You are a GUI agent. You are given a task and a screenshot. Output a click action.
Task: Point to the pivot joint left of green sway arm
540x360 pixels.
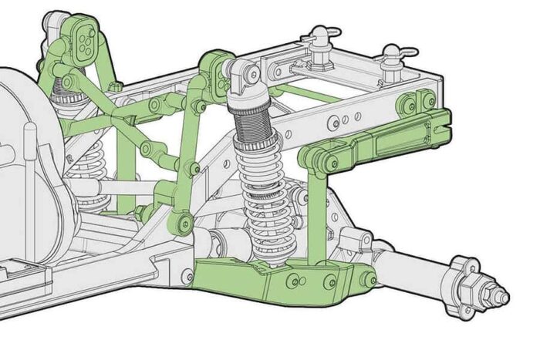coord(314,157)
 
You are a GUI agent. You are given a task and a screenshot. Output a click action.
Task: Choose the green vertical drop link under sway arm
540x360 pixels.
coord(316,216)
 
